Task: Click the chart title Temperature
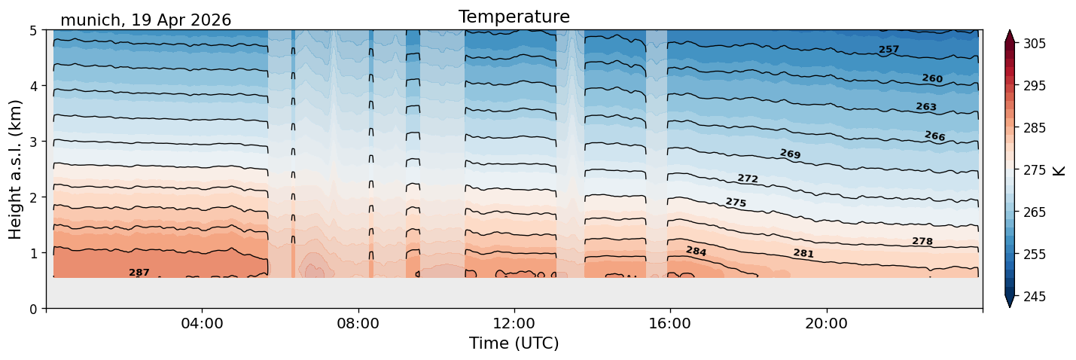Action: (x=514, y=17)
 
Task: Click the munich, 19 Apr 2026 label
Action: (x=145, y=20)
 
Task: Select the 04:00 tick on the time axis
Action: (x=202, y=323)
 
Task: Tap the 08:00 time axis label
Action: (x=358, y=323)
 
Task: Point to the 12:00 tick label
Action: (x=514, y=323)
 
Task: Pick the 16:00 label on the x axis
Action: (x=670, y=323)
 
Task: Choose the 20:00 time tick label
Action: (x=826, y=323)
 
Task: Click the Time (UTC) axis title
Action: (x=514, y=343)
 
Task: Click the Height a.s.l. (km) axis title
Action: (x=15, y=169)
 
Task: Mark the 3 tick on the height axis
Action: (x=33, y=142)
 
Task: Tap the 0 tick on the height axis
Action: (x=33, y=309)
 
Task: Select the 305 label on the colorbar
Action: (x=1035, y=44)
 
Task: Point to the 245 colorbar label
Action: (x=1035, y=297)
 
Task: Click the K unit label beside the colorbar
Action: (x=1059, y=170)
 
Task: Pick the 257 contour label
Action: (x=889, y=50)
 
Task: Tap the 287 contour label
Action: (x=139, y=273)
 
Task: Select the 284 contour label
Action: (x=696, y=251)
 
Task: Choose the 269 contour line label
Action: (x=790, y=154)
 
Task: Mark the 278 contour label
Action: (x=922, y=241)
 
